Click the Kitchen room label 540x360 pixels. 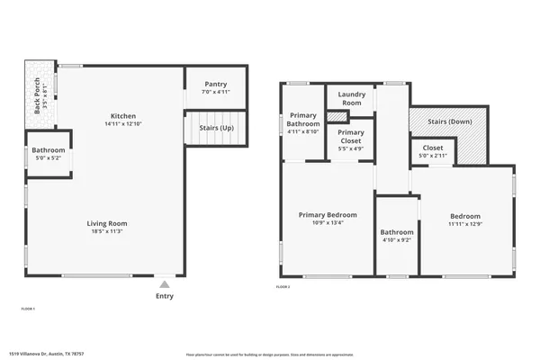tap(123, 116)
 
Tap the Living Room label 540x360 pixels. tap(107, 223)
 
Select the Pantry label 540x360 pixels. tap(215, 83)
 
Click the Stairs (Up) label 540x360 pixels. tap(216, 128)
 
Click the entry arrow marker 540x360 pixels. tap(164, 283)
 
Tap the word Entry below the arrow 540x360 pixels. tap(164, 295)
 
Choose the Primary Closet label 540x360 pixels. tap(351, 137)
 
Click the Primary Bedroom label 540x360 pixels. tap(328, 215)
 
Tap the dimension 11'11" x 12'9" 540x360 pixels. tap(465, 225)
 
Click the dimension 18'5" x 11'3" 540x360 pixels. tap(107, 232)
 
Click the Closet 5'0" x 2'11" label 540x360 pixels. tap(432, 151)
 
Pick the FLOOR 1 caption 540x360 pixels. tap(28, 309)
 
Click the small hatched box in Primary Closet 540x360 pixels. tap(337, 116)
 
